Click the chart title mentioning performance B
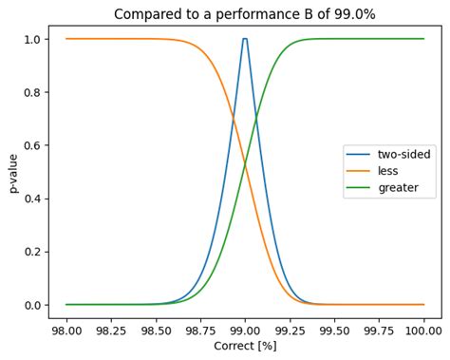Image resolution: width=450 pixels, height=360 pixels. point(244,14)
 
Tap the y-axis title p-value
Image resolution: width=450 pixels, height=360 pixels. point(13,172)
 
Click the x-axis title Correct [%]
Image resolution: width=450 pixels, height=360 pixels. point(244,348)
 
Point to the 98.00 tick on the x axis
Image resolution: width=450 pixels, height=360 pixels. point(66,331)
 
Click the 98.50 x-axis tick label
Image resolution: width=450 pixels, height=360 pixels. point(155,331)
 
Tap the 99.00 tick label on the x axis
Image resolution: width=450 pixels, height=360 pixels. point(245,331)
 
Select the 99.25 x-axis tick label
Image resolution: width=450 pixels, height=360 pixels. point(290,331)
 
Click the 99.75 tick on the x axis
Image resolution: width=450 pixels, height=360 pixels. point(379,331)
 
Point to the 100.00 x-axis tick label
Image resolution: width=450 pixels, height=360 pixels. point(422,331)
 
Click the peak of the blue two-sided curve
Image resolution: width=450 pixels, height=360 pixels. point(245,39)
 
